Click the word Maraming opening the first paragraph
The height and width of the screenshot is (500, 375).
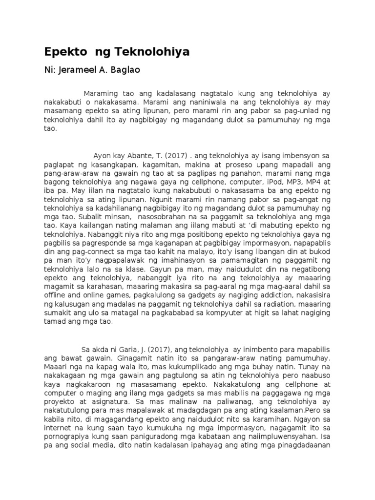pos(101,93)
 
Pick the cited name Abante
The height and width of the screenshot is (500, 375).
pos(139,156)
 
